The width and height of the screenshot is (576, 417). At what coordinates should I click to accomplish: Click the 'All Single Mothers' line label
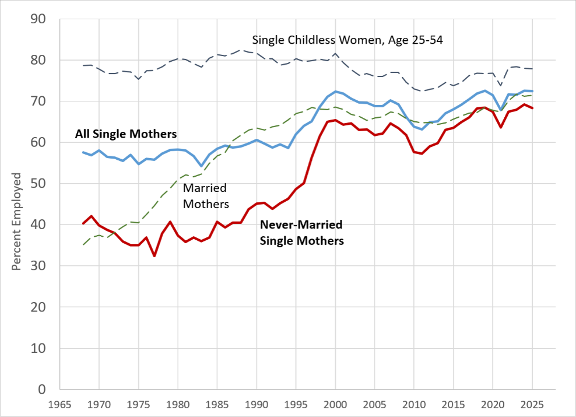125,134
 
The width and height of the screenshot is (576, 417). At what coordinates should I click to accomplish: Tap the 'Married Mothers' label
206,196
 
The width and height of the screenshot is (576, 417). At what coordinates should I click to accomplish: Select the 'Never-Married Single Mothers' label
301,233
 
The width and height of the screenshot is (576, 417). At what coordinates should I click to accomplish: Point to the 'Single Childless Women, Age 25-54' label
347,40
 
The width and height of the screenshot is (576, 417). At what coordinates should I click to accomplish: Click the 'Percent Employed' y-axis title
16,222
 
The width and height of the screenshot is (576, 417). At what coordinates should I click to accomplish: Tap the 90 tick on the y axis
38,19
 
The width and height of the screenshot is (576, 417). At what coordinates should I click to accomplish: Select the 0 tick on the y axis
42,390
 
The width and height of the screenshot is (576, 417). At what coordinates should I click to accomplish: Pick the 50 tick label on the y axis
38,184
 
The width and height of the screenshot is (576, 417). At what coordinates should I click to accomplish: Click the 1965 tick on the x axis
60,405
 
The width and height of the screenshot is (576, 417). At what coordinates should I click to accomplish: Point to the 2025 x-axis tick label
532,405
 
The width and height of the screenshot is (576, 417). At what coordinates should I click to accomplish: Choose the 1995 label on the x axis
296,405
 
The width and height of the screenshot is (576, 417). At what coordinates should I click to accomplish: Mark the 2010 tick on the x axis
414,405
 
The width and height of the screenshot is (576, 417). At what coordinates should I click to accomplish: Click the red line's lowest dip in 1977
154,255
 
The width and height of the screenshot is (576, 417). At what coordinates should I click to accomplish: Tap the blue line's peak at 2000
335,92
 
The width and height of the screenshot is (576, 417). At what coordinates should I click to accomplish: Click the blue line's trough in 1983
201,166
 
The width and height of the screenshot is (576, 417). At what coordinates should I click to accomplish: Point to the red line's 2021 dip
501,127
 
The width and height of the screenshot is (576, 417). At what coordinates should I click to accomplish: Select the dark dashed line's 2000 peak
335,54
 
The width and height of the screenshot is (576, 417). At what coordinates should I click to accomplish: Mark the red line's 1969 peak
92,216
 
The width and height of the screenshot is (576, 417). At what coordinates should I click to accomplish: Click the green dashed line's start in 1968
83,245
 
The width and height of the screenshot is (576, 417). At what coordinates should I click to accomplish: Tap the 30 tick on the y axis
38,266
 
